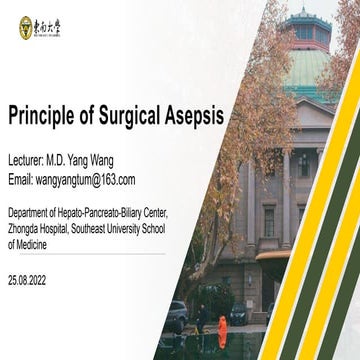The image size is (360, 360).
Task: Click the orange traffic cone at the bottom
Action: (222, 331)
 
